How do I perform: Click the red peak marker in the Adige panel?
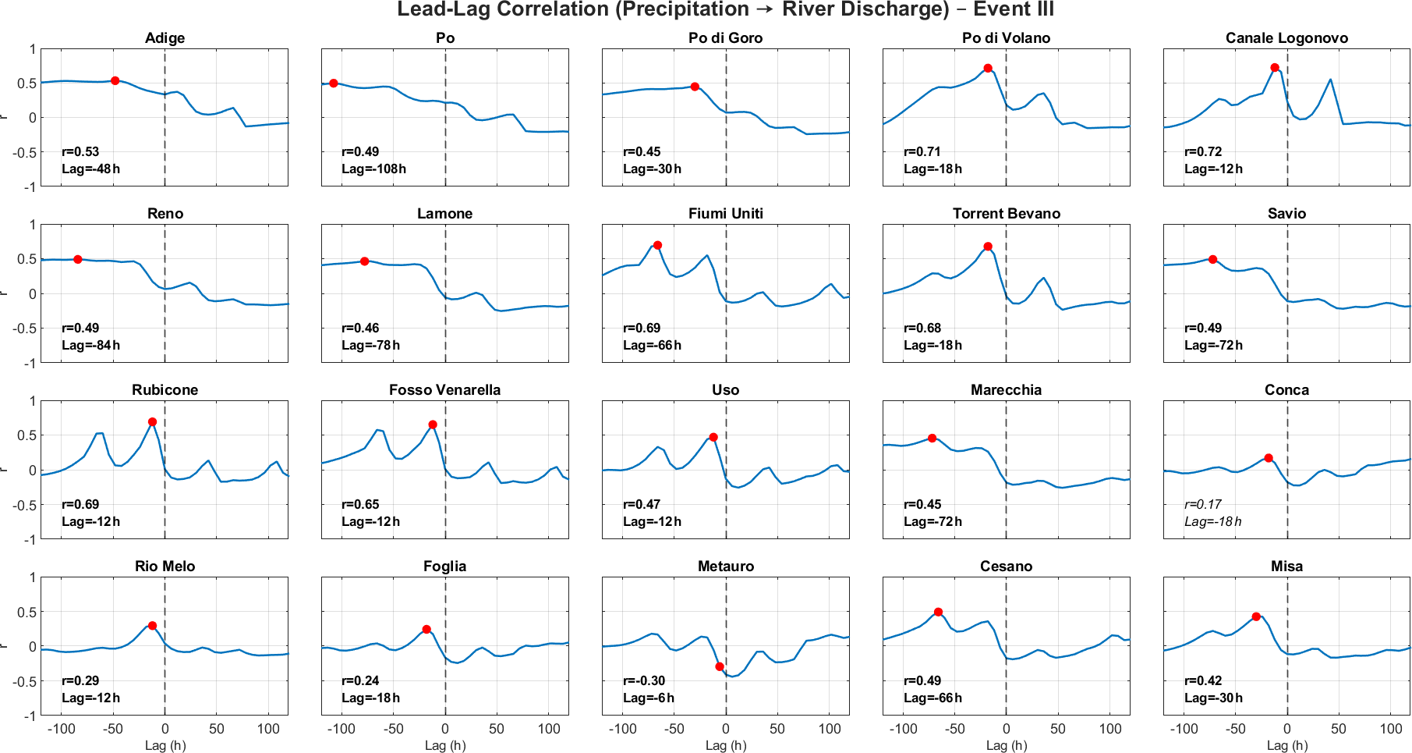[x=115, y=80]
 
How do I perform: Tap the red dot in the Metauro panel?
[x=720, y=666]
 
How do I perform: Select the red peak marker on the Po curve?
[x=334, y=83]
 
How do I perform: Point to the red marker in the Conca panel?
[x=1269, y=458]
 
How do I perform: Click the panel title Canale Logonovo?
[x=1286, y=37]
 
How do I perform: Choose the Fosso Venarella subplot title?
[x=445, y=389]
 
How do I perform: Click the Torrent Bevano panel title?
[x=1006, y=213]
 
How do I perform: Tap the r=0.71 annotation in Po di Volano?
[x=922, y=151]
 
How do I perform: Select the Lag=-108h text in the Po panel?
[x=373, y=169]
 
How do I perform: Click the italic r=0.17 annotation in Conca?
[x=1203, y=504]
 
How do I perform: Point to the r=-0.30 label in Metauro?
[x=644, y=680]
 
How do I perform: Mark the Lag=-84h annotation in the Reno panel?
[x=90, y=345]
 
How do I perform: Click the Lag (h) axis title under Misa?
[x=1286, y=745]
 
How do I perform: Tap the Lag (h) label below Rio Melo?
[x=165, y=745]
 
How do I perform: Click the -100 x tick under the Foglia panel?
[x=341, y=729]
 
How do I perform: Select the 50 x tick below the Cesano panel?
[x=1058, y=729]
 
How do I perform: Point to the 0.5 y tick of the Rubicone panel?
[x=27, y=435]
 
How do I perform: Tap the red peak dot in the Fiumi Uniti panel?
[x=657, y=245]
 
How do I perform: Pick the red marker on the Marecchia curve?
[x=932, y=438]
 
